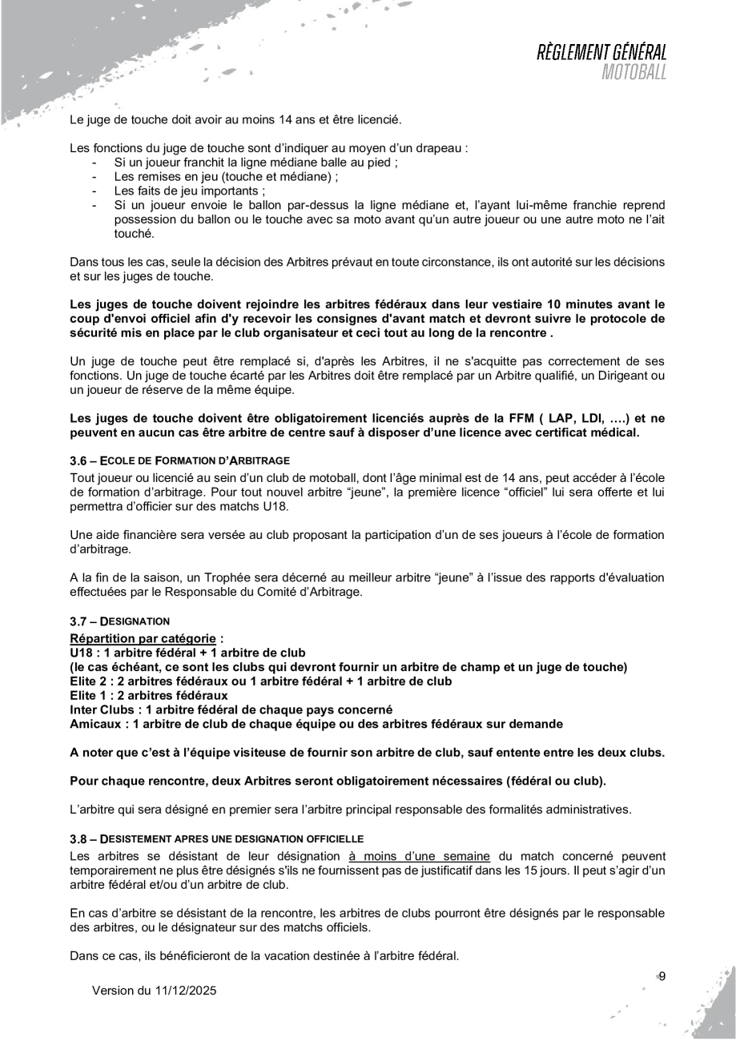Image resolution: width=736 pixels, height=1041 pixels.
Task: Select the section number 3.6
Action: [x=79, y=462]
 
